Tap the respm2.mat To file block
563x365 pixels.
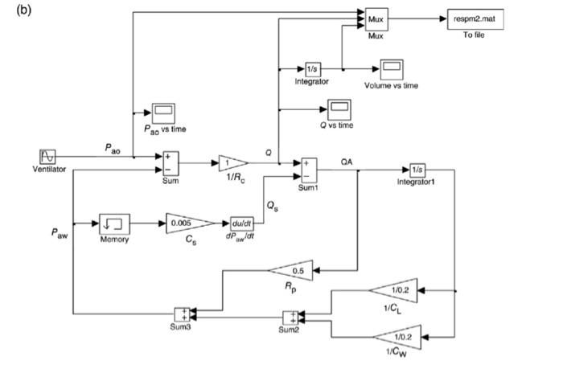click(x=475, y=19)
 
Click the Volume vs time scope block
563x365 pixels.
click(x=392, y=68)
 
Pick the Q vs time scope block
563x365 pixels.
click(x=335, y=108)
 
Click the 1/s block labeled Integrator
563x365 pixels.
click(x=312, y=69)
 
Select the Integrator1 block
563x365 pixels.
click(x=416, y=170)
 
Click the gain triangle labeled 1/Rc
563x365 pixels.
click(x=232, y=164)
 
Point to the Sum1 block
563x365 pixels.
click(x=309, y=170)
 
